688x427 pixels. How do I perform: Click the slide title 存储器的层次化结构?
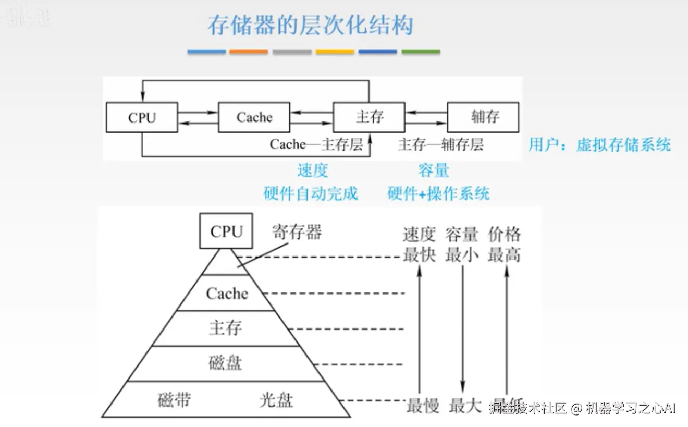[311, 25]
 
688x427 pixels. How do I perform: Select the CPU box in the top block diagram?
[142, 117]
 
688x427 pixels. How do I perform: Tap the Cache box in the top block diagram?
[254, 117]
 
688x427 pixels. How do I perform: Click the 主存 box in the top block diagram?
[369, 117]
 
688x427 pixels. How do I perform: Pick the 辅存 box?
[484, 117]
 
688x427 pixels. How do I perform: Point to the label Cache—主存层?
[316, 144]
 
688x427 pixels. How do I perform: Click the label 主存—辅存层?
[440, 144]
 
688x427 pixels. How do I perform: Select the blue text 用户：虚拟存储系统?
[599, 144]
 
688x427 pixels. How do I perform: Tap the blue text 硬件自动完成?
[311, 194]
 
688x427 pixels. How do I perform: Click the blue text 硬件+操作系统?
[438, 194]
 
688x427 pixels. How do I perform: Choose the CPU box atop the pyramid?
[227, 231]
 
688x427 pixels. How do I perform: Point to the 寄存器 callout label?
[297, 232]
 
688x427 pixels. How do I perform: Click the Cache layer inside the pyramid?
[227, 293]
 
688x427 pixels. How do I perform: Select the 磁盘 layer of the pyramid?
[226, 363]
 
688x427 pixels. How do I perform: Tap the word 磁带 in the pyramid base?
[174, 400]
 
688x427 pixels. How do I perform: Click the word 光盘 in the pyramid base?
[276, 400]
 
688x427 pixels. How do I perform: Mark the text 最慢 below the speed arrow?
[423, 406]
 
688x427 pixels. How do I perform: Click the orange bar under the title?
[249, 52]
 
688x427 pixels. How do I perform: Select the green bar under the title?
[421, 52]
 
